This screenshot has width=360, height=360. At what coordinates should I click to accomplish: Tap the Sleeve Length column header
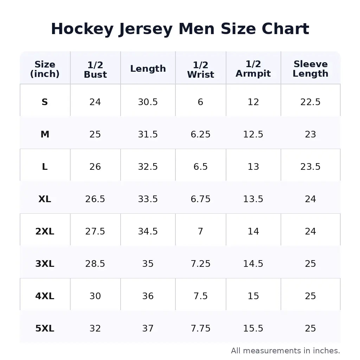pos(310,69)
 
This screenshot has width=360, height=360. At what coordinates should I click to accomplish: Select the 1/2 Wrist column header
pos(200,70)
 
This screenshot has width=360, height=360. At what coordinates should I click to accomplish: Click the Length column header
pos(148,69)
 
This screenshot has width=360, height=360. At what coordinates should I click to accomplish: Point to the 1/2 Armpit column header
pos(253,69)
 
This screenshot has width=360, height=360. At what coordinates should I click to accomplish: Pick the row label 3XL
pos(45,264)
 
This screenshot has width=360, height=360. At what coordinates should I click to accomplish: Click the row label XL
pos(45,199)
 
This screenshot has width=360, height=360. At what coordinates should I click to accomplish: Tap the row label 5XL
pos(45,328)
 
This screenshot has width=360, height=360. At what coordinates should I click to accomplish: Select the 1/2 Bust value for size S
pos(95,102)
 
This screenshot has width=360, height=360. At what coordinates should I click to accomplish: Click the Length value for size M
pos(148,134)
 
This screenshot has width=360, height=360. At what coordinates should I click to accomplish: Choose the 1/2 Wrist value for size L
pos(200,167)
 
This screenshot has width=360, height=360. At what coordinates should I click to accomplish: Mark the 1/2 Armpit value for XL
pos(253,199)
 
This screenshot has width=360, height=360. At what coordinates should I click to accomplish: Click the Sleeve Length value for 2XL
pos(310,231)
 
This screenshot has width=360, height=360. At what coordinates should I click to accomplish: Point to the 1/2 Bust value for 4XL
pos(95,296)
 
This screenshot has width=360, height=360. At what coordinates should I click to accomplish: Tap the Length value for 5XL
pos(148,328)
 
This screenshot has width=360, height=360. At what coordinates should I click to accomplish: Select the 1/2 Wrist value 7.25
pos(200,264)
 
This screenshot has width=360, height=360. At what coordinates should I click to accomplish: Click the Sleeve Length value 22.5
pos(310,102)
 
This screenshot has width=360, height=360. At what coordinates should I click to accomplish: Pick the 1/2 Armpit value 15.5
pos(253,328)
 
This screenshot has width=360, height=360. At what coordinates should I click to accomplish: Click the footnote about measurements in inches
pos(285,351)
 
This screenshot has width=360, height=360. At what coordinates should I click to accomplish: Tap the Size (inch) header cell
pos(45,69)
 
